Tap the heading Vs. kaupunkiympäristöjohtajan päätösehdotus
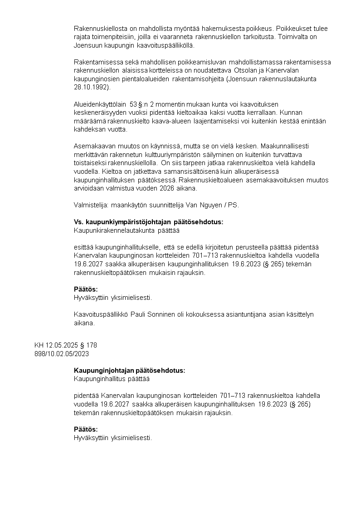point(148,222)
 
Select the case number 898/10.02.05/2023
point(62,353)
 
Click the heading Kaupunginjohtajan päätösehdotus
point(129,370)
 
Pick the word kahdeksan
point(89,129)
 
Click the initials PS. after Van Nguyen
point(233,205)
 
